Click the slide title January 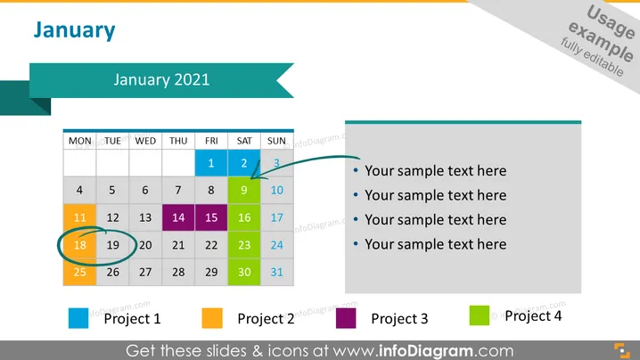(x=74, y=30)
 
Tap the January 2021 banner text (x=161, y=79)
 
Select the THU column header (x=178, y=141)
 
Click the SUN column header (x=276, y=141)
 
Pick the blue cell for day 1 (x=211, y=163)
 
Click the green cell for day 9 (x=244, y=190)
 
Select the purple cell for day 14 (x=178, y=217)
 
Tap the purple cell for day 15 (x=211, y=217)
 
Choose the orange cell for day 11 (x=79, y=217)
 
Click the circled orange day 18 (x=79, y=245)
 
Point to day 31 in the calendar (x=276, y=273)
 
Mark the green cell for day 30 (x=244, y=273)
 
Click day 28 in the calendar (x=178, y=273)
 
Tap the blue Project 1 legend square (x=78, y=318)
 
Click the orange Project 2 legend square (x=212, y=318)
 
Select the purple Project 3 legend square (x=346, y=318)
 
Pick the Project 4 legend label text (x=533, y=316)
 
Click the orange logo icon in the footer (x=622, y=351)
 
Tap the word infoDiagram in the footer (x=426, y=351)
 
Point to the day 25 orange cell (x=79, y=273)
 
